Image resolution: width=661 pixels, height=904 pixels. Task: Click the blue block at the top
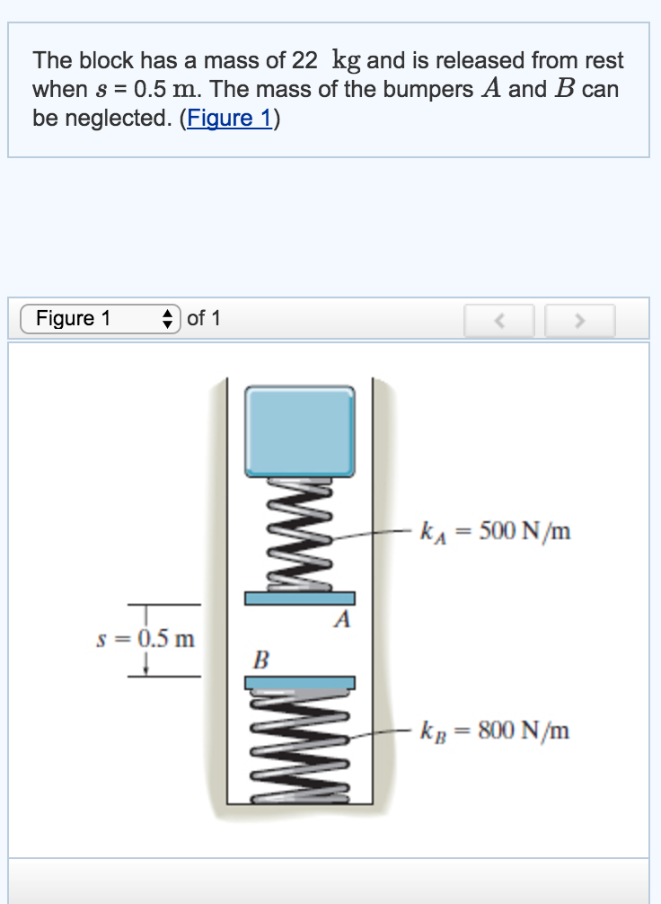(300, 430)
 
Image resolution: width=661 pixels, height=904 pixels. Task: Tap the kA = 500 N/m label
(495, 532)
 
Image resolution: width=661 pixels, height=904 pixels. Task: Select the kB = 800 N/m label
(495, 730)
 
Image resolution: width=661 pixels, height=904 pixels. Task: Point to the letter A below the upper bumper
(340, 621)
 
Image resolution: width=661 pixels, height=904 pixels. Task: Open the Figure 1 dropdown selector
(101, 318)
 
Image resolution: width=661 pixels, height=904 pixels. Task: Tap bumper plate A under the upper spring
(300, 598)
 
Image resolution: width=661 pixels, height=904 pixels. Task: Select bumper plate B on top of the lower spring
(299, 683)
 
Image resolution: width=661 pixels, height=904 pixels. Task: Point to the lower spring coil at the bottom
(299, 746)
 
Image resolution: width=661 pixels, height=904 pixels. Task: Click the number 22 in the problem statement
(304, 61)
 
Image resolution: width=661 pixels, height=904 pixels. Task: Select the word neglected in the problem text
(116, 119)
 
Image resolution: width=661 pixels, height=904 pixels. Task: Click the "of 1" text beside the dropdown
(204, 318)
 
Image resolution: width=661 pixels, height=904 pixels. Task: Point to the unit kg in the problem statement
(347, 62)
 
